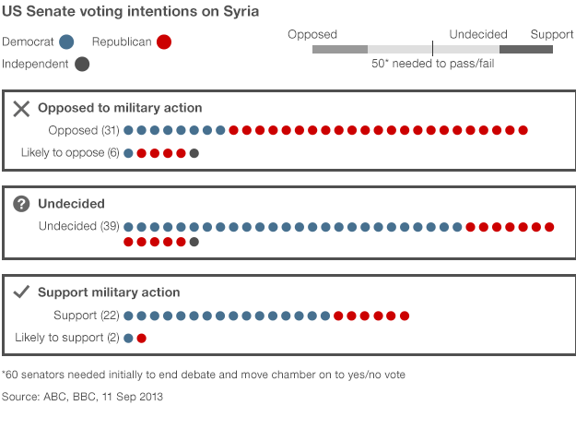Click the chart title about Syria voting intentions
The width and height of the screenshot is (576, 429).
point(130,12)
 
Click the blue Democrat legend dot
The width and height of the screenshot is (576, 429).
point(66,42)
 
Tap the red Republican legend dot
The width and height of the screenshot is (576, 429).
point(164,42)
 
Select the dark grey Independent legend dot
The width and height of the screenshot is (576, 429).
point(82,65)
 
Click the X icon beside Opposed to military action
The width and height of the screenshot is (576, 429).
point(22,108)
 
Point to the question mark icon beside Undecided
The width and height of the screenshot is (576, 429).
point(22,204)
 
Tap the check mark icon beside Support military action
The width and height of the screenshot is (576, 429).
point(22,292)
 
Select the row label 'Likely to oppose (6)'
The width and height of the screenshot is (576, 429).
point(70,152)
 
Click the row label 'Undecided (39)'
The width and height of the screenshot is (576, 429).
point(79,226)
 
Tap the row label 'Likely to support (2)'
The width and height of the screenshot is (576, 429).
point(67,338)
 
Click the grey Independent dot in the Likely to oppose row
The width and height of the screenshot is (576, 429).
point(194,153)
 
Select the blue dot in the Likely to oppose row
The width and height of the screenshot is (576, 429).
point(128,153)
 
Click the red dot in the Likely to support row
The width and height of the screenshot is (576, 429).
point(141,338)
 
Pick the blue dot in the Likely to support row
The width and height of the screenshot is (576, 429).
point(128,338)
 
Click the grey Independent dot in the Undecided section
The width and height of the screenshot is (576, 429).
point(194,242)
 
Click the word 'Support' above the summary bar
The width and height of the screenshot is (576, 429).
point(552,34)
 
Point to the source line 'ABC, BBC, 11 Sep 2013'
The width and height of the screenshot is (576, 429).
point(82,397)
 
